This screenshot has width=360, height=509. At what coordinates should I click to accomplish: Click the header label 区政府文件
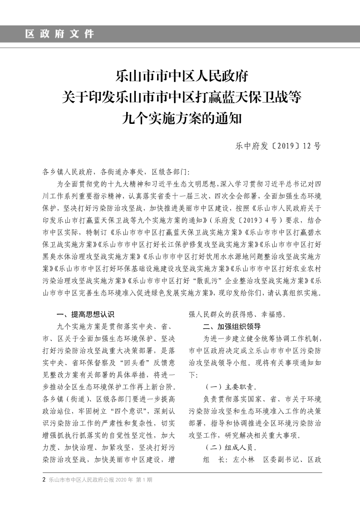pos(59,34)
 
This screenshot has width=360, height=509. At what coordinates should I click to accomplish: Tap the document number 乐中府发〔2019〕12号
pos(278,146)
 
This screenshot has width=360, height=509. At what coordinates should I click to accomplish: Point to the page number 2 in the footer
pos(44,480)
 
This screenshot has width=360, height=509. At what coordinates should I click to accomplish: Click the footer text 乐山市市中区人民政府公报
pos(81,480)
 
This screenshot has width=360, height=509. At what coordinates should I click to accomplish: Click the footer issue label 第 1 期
pos(144,480)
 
